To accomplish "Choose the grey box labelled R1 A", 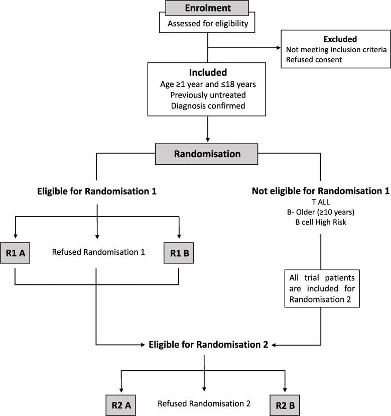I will pos(16,252).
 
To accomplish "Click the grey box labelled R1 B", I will pos(179,252).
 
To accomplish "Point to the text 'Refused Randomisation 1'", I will pos(98,252).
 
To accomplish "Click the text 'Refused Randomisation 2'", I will pos(204,403).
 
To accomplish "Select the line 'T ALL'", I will pos(320,201).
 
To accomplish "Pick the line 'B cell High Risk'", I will pos(320,222).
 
